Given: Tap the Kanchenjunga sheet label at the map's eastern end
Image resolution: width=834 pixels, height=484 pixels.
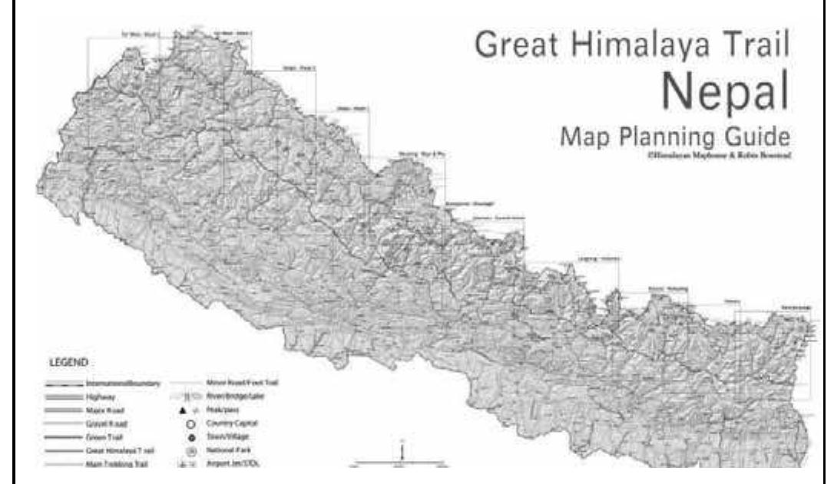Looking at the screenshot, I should [x=795, y=308].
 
